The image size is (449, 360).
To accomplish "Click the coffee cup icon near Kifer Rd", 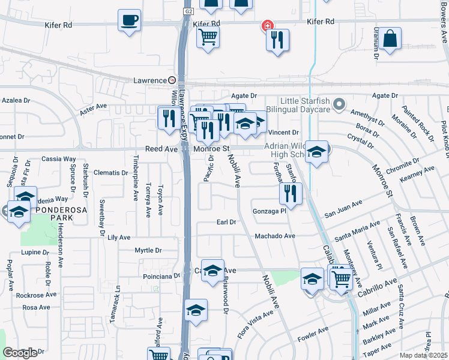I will pos(129,20).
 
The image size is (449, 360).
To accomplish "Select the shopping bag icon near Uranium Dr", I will pos(390,38).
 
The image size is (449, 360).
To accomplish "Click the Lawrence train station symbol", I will pos(172,80).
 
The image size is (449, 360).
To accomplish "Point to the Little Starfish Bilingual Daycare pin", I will pos(339,105).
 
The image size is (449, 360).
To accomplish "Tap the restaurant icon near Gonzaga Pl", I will pos(289,193).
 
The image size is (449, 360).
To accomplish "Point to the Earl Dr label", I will pos(226,222).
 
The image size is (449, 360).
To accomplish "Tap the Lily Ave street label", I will pos(119,238).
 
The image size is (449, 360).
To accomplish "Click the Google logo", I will pos(20,353).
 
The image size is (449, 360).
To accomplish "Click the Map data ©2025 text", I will pos(423,355).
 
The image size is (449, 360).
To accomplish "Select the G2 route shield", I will pos(188,11).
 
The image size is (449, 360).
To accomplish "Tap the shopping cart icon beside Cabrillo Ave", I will pos(341,278).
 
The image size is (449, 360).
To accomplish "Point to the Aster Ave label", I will pos(93,106).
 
